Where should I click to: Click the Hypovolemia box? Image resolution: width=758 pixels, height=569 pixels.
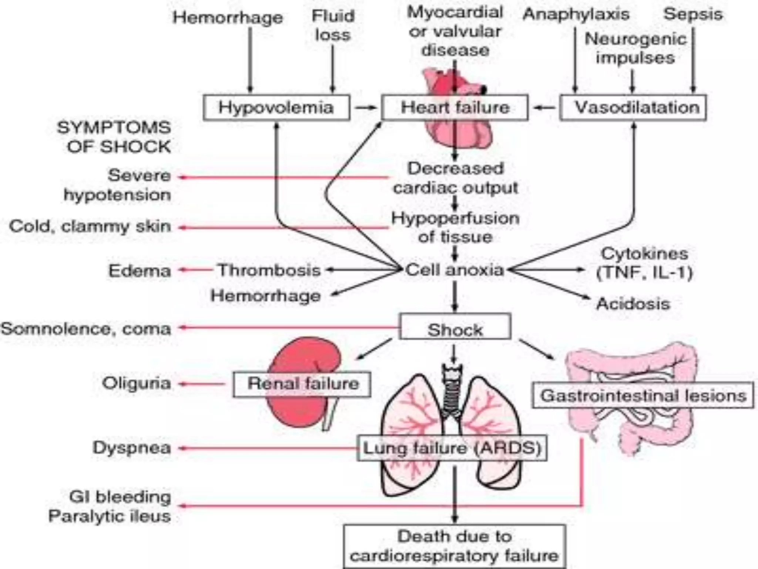tap(276, 108)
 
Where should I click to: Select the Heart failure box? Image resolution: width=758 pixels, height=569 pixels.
tap(455, 108)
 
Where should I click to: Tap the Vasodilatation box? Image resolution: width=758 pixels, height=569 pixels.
tap(633, 108)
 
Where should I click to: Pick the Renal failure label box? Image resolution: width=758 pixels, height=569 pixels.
tap(302, 384)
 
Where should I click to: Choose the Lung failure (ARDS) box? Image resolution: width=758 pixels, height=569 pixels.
tap(452, 449)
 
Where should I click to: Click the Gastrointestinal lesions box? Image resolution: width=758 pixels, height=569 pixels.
tap(643, 396)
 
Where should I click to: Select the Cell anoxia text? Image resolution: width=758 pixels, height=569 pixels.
tap(455, 270)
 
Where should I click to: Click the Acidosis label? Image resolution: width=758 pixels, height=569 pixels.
tap(633, 304)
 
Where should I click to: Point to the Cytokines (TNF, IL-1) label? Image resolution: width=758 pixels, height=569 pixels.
tap(644, 263)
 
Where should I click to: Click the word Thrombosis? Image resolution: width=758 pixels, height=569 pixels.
tap(269, 270)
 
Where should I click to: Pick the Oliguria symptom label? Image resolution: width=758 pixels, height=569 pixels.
tap(137, 383)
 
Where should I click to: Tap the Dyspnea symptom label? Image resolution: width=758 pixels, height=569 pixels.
tap(132, 448)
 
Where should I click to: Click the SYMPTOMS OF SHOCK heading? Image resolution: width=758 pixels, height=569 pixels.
tap(114, 137)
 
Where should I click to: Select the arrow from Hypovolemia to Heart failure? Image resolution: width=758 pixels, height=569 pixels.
tap(365, 108)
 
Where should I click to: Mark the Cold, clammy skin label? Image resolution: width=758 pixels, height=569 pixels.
tap(90, 226)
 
